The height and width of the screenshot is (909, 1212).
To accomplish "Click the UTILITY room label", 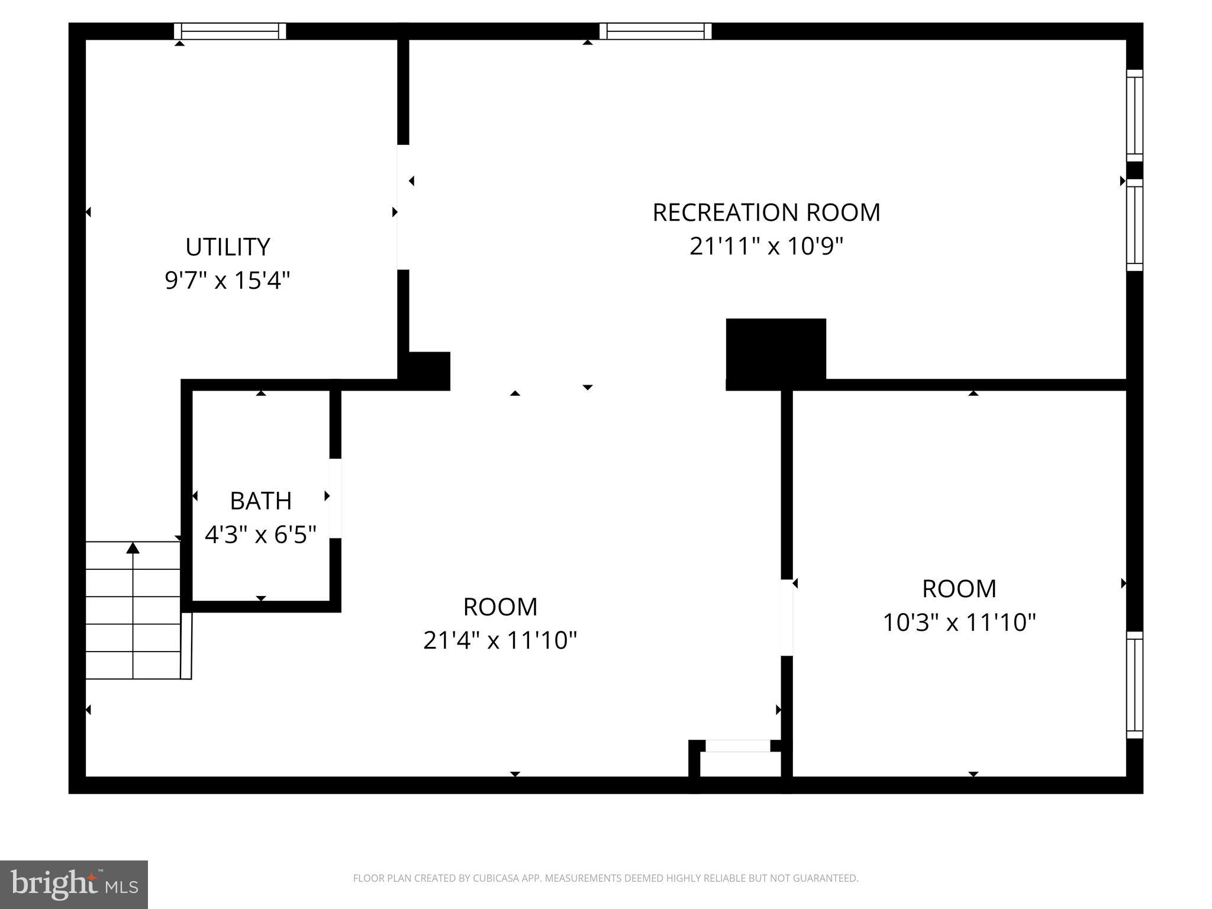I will pos(228,247).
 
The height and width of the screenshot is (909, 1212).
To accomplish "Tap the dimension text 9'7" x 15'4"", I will pos(228,280).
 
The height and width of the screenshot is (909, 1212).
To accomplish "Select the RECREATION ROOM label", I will pos(766,212).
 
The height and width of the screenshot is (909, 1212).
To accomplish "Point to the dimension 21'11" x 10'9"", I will pos(766,246).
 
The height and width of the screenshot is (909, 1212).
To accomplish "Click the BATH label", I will pos(260,501).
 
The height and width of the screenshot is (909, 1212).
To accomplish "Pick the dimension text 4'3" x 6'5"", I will pos(260,535).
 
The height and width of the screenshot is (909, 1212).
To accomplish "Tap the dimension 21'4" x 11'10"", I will pos(499,640).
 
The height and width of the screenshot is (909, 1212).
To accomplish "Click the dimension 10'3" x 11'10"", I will pos(959,623).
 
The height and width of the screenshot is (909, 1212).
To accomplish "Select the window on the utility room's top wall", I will pos(230,31).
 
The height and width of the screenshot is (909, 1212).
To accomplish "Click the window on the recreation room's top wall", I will pos(655,31).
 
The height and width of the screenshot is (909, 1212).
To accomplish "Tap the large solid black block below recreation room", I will pos(775,353).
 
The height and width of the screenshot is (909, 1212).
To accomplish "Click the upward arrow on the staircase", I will pos(133,549).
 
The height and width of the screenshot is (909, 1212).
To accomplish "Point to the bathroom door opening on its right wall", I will pos(335,498).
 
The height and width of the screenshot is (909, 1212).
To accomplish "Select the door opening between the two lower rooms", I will pos(786,617).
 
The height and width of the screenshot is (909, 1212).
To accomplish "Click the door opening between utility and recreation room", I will pos(403,207).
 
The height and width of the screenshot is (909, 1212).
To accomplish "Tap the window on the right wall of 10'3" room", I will pos(1134,685).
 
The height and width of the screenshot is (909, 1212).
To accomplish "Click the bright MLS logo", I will pos(74,884).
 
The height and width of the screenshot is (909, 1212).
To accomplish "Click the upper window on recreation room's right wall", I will pos(1134,115).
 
